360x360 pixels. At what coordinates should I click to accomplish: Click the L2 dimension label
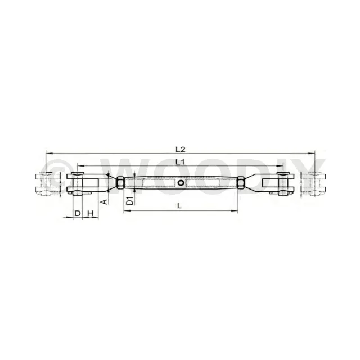coord(180,150)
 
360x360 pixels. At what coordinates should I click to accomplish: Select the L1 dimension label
coord(180,162)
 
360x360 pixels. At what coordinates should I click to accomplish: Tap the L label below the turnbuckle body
coord(179,206)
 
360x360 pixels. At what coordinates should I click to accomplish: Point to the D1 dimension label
coord(130,201)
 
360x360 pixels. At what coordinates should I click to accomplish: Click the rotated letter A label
coord(104,202)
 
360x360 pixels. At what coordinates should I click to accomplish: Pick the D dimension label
coord(78,213)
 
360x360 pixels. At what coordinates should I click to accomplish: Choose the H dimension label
coord(90,213)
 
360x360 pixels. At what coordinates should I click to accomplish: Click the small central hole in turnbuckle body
coord(181,182)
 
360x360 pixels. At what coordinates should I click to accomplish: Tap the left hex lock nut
coord(120,183)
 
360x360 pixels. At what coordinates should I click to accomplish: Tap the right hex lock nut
coord(241,183)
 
